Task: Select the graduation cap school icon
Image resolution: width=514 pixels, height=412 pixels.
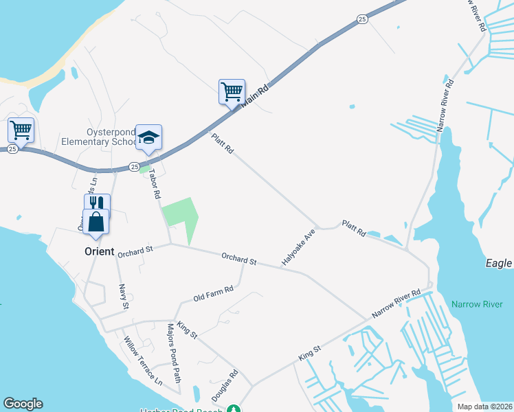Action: (x=148, y=137)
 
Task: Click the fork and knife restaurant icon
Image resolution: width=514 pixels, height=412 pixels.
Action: (x=97, y=203)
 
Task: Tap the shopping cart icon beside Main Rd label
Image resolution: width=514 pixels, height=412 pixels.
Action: (x=232, y=91)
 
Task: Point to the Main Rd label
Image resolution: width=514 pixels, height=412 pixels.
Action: (x=254, y=94)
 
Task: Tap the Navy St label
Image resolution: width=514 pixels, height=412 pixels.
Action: (x=123, y=296)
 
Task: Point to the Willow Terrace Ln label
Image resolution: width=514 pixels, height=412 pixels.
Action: (x=143, y=359)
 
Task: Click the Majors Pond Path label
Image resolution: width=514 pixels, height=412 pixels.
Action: (x=172, y=353)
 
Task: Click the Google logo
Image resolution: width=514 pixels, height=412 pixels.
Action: (x=23, y=404)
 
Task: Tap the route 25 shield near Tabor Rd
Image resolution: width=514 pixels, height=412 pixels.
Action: (x=135, y=167)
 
